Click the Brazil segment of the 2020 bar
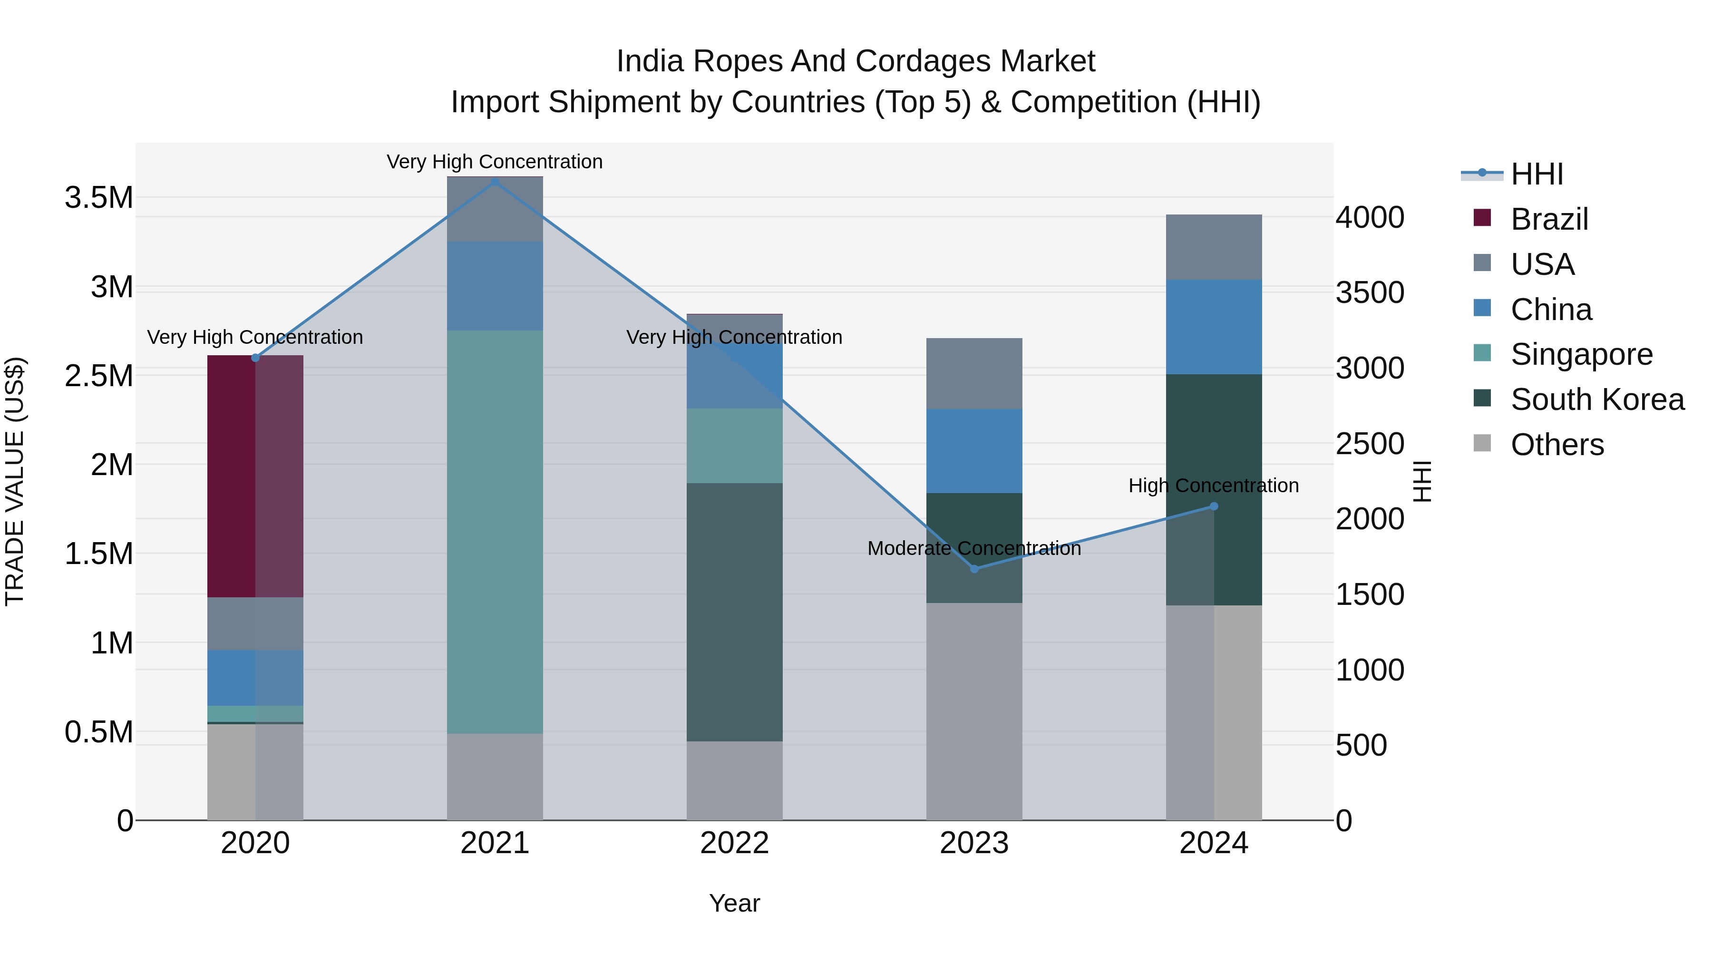point(255,476)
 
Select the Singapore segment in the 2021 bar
point(495,532)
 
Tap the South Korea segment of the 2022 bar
point(734,612)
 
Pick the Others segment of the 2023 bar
point(973,711)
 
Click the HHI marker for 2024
point(1214,506)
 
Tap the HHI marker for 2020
point(255,358)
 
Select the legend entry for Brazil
point(1548,219)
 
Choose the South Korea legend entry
point(1596,399)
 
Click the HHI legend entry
point(1536,174)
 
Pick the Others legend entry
point(1556,445)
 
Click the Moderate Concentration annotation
point(973,548)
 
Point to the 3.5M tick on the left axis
point(99,198)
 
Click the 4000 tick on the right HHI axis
point(1370,217)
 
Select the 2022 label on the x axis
point(734,843)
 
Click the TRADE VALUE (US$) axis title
point(15,481)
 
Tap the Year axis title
point(734,903)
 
